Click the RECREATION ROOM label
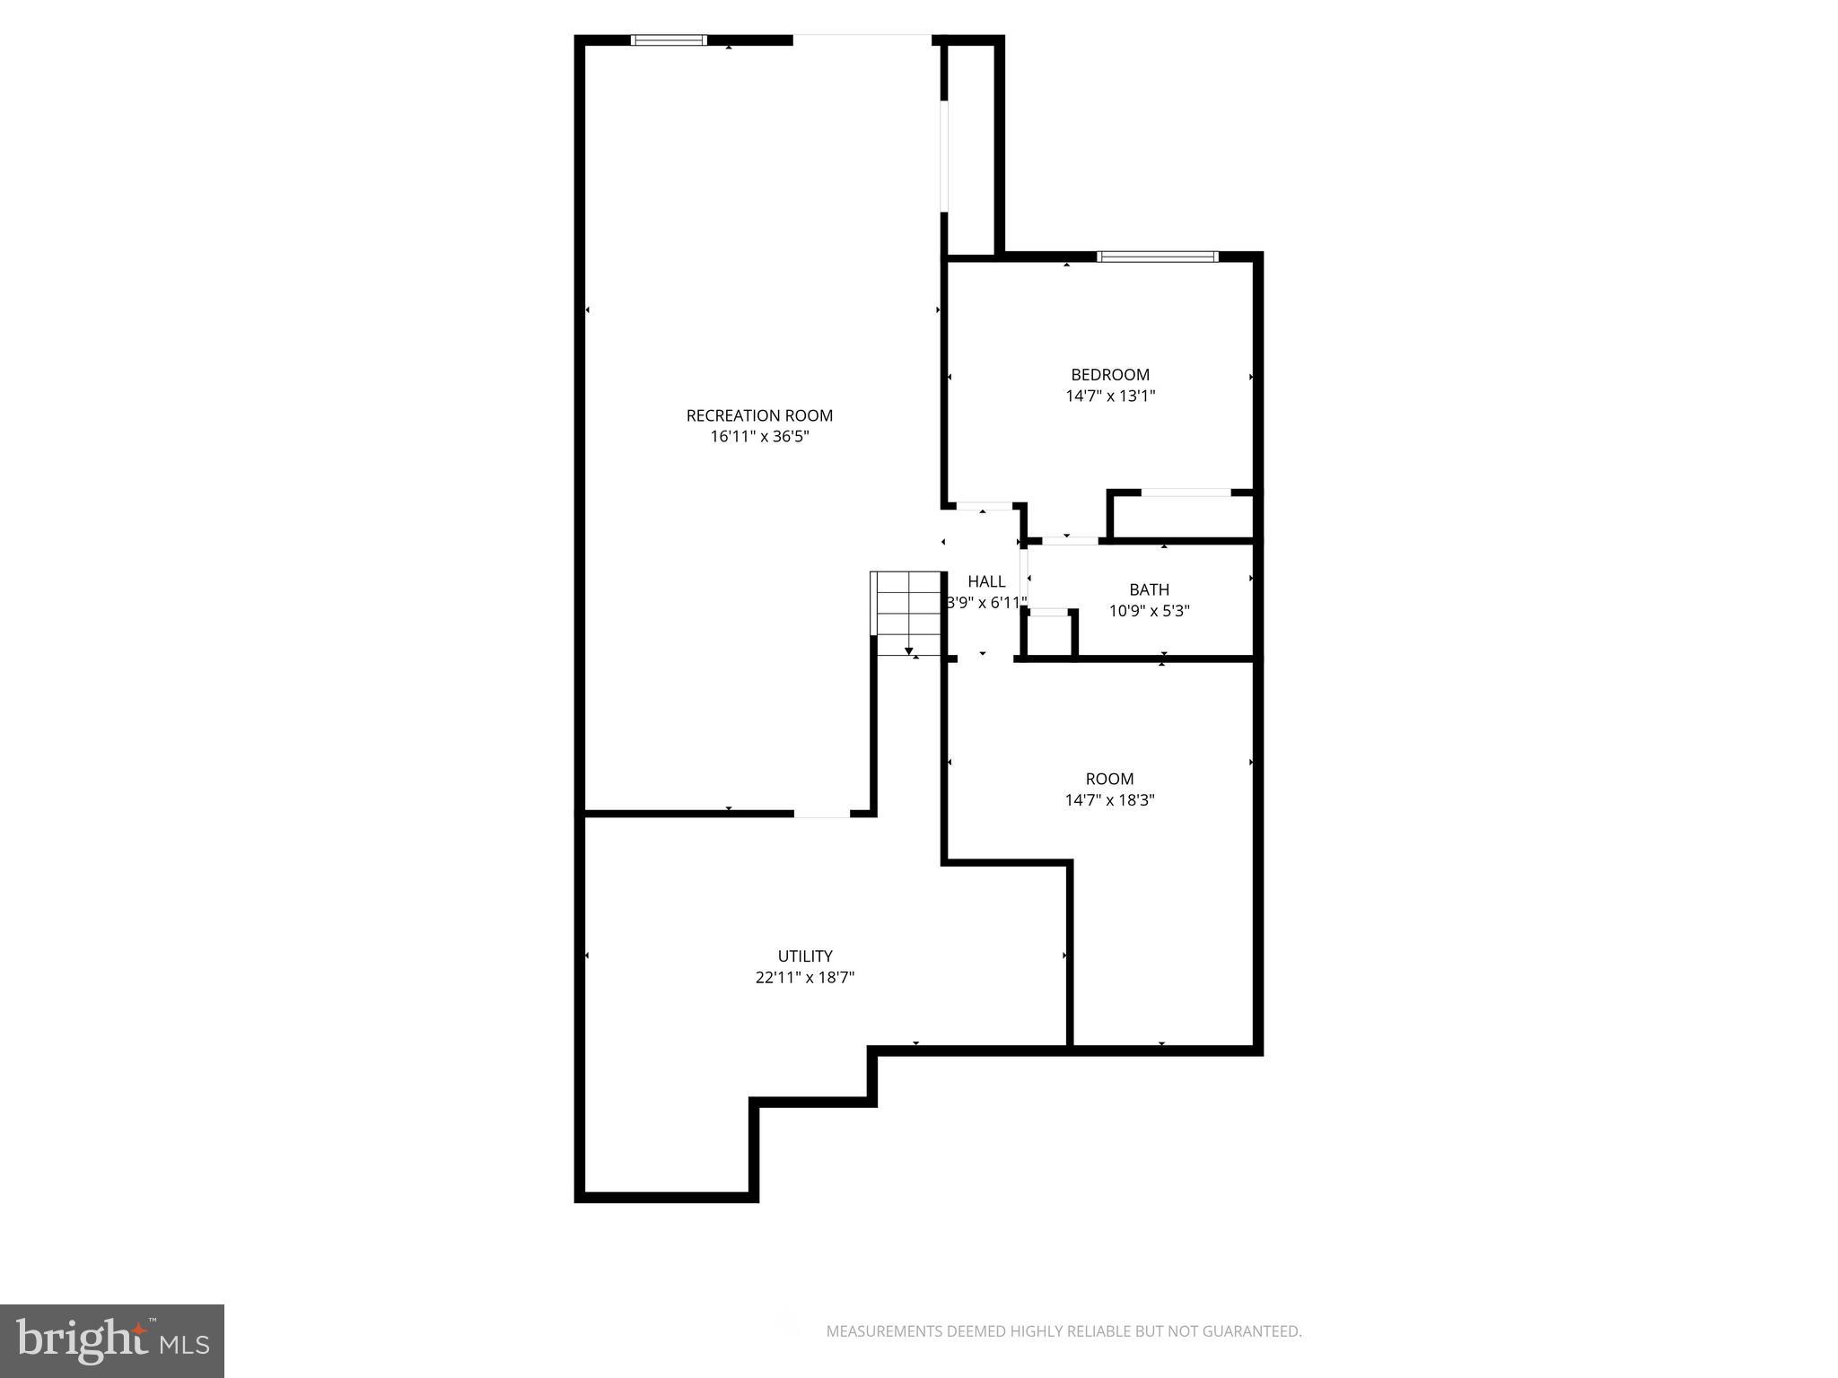[759, 415]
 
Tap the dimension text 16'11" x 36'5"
[759, 437]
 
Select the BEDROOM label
[1109, 375]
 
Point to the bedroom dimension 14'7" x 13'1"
[1109, 396]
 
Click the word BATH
[1149, 589]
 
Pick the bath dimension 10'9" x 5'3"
[1149, 611]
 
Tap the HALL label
[986, 581]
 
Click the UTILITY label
[804, 956]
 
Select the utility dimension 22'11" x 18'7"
[804, 978]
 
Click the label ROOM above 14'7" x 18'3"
[1109, 779]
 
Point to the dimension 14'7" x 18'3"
[1109, 800]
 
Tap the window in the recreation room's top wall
[669, 40]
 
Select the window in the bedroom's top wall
[1158, 257]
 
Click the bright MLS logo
[111, 1340]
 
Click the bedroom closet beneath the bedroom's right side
[1183, 517]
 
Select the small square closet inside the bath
[1049, 635]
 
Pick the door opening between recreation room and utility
[821, 814]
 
